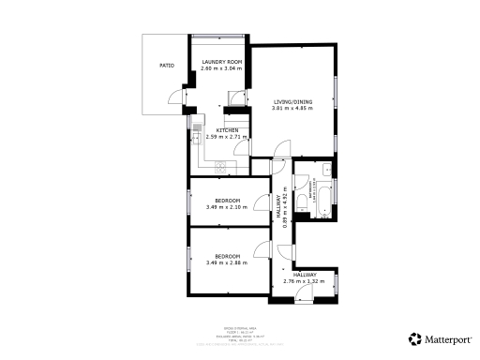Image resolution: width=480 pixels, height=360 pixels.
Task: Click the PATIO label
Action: tap(165, 67)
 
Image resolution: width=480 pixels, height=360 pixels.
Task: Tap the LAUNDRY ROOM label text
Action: tap(222, 63)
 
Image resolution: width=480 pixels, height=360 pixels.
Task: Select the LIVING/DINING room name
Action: tap(292, 101)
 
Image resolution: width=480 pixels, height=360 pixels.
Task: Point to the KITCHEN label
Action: tap(228, 130)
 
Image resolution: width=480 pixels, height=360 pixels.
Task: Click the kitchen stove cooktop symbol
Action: tap(222, 167)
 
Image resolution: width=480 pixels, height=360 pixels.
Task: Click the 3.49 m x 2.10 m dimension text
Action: tap(228, 208)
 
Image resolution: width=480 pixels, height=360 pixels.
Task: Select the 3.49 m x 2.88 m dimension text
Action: tap(228, 263)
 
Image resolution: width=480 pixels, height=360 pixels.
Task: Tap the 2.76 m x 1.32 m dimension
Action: tap(303, 281)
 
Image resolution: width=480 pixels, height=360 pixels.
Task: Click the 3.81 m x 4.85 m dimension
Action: tap(292, 109)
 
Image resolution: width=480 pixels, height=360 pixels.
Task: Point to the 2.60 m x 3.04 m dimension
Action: tap(222, 69)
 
